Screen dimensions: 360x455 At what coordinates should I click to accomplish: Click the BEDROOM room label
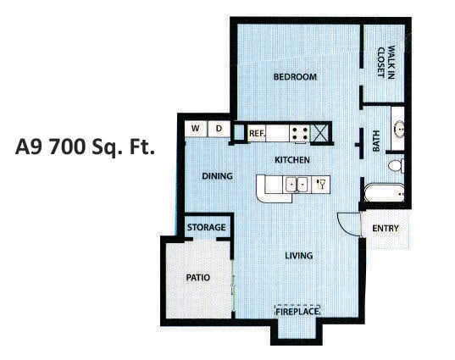(x=295, y=77)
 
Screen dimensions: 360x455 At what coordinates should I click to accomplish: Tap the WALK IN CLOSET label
(x=386, y=62)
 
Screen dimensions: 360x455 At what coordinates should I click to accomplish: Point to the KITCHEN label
(x=291, y=160)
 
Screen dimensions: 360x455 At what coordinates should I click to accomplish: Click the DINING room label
(x=217, y=176)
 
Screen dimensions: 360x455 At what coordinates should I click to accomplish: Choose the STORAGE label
(x=207, y=228)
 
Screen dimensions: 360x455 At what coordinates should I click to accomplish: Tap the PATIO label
(x=197, y=277)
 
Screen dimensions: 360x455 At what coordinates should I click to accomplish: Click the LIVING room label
(x=298, y=255)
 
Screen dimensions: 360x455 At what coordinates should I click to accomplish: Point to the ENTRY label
(x=385, y=229)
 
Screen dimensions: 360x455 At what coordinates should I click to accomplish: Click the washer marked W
(x=196, y=129)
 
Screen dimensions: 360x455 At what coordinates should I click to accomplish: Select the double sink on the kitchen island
(x=296, y=183)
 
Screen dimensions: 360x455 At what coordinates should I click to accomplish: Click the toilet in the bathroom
(x=395, y=166)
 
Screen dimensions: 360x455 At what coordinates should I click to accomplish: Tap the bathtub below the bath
(x=383, y=193)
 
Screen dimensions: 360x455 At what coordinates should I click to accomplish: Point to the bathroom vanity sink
(x=399, y=130)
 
